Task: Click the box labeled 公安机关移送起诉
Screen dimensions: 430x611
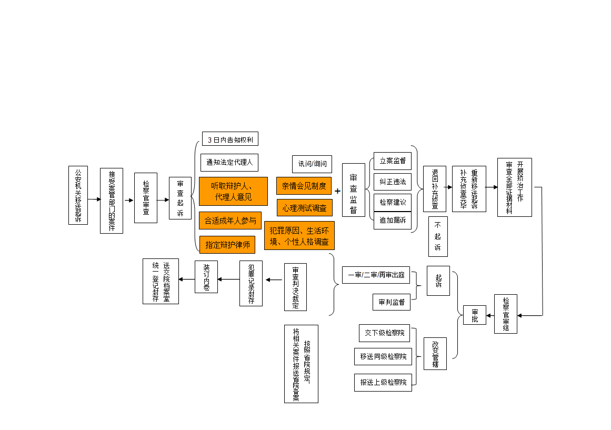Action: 78,195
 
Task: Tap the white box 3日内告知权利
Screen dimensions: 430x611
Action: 230,139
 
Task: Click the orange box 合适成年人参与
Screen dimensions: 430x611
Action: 230,221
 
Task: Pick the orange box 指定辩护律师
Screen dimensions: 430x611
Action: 227,245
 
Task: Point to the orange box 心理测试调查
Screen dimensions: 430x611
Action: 304,207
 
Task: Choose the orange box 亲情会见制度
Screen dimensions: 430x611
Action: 304,186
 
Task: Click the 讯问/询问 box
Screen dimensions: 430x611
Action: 312,164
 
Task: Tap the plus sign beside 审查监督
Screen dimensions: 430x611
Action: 338,191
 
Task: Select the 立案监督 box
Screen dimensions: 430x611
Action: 393,161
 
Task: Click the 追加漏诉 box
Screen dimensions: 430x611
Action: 393,221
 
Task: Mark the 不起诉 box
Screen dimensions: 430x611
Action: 438,236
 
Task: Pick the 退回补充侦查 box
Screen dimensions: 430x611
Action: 435,189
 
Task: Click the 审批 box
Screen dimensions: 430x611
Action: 475,315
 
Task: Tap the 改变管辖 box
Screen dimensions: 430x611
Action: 435,354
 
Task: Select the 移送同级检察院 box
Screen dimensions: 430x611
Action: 383,357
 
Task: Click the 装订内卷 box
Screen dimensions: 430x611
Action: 206,277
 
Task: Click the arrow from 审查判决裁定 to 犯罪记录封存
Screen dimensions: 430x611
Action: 274,280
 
